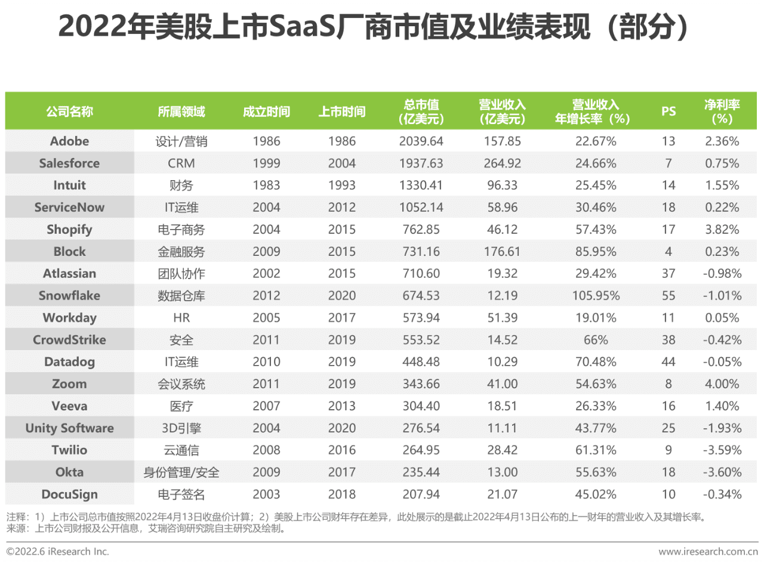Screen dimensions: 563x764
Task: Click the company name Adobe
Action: point(70,141)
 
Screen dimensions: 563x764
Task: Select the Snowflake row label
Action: point(70,296)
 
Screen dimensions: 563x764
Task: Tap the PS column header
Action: point(668,112)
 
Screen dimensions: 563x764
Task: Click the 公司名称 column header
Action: point(70,112)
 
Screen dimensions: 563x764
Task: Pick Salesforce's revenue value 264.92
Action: point(502,163)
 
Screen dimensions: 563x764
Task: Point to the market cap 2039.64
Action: point(421,141)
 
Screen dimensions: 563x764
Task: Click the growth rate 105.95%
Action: point(593,296)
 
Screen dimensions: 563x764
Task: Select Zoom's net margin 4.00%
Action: point(722,384)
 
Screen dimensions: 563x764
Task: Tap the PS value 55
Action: point(668,296)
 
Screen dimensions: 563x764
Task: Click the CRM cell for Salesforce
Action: point(181,163)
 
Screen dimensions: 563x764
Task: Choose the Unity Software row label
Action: point(70,428)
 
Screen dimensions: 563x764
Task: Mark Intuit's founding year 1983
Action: point(266,185)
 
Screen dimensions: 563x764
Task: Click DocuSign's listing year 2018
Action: point(341,494)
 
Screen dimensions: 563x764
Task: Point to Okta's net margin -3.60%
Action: point(722,472)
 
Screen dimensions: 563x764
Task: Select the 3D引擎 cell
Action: point(181,428)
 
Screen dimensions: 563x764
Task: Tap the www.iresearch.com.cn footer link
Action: point(708,552)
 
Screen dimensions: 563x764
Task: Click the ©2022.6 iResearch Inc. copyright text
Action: point(58,552)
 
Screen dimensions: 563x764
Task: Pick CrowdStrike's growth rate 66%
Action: point(593,340)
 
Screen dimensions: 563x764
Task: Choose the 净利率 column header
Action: point(722,112)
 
